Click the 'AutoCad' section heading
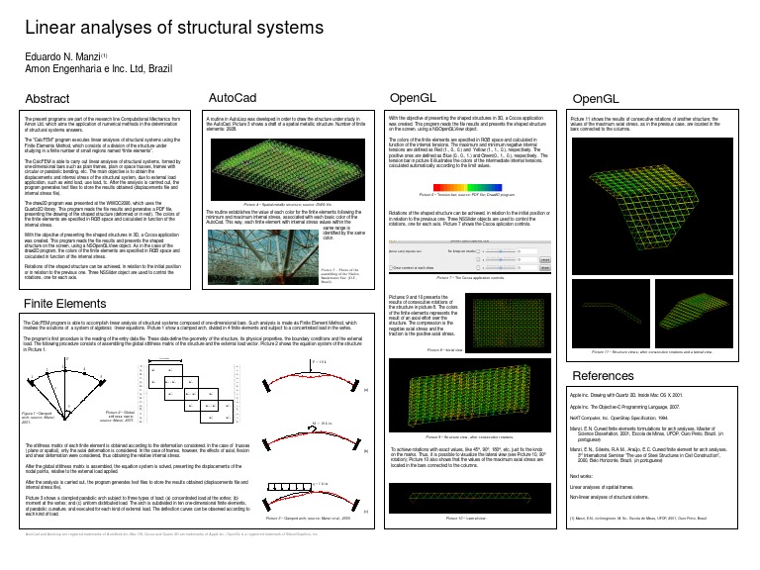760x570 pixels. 233,99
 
